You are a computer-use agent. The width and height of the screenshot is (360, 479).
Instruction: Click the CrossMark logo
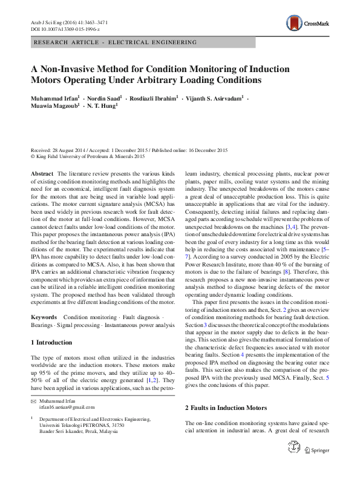[x=309, y=23]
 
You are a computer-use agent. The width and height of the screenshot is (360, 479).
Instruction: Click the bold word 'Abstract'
[x=42, y=174]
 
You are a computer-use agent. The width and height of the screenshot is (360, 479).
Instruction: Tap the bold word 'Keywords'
[x=44, y=317]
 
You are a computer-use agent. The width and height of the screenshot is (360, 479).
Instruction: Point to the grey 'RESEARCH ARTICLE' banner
[x=115, y=42]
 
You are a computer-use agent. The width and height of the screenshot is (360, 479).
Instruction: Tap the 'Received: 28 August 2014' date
[x=59, y=150]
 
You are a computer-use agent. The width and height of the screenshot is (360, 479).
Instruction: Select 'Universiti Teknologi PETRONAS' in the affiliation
[x=76, y=424]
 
